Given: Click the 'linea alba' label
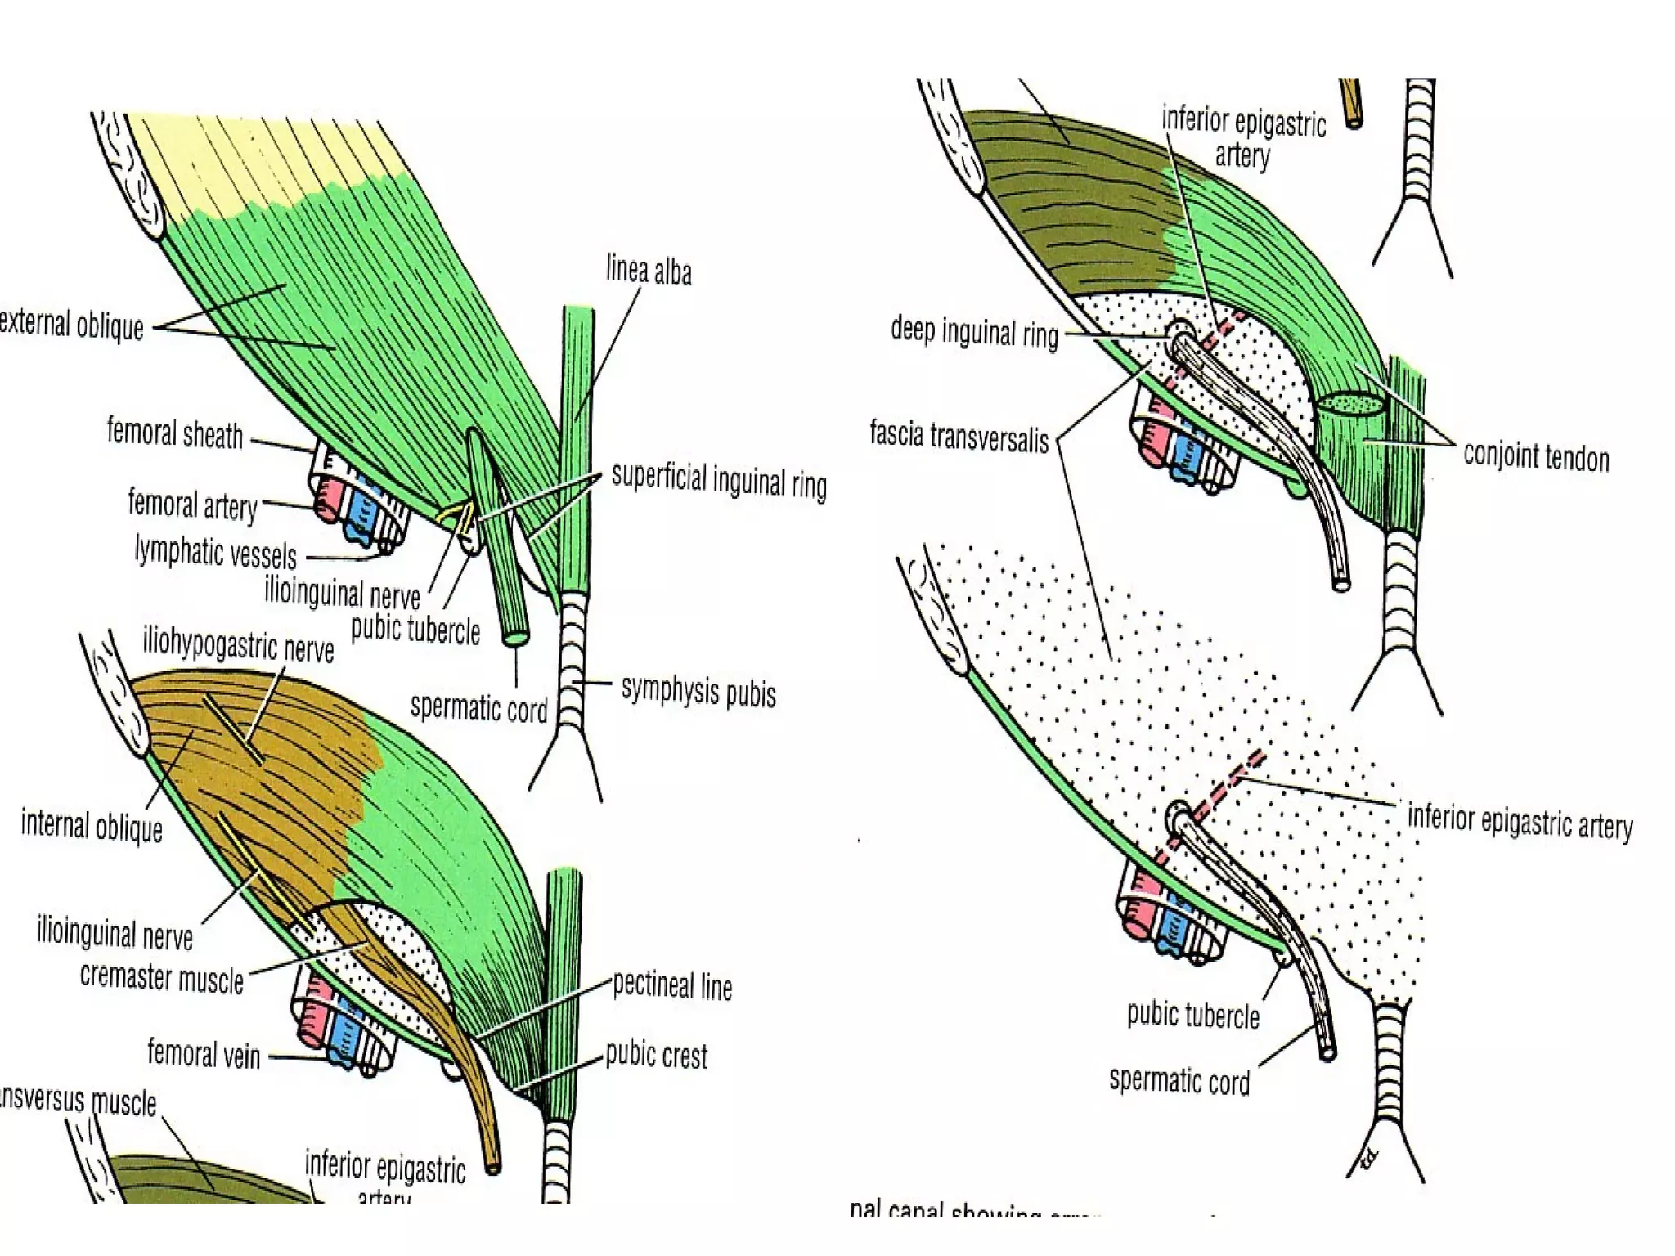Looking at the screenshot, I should tap(648, 271).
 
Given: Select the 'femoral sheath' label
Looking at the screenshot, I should tap(175, 433).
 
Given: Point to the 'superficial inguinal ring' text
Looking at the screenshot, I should tap(719, 482).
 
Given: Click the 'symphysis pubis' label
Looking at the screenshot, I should tap(698, 692).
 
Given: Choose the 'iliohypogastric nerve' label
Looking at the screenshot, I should tap(238, 646).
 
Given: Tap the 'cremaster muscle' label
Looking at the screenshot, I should tap(162, 978).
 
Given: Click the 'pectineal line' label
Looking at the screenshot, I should tap(671, 986).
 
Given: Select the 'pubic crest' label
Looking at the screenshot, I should tap(656, 1056).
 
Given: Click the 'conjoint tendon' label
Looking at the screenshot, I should tap(1536, 457).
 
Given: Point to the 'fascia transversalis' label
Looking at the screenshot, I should tap(959, 436).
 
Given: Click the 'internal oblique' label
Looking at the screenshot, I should tap(92, 827).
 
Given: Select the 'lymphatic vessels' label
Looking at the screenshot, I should tap(215, 553).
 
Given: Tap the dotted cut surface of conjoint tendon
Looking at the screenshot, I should tap(1349, 403).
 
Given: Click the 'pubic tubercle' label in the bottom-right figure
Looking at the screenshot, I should tap(1192, 1015).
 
